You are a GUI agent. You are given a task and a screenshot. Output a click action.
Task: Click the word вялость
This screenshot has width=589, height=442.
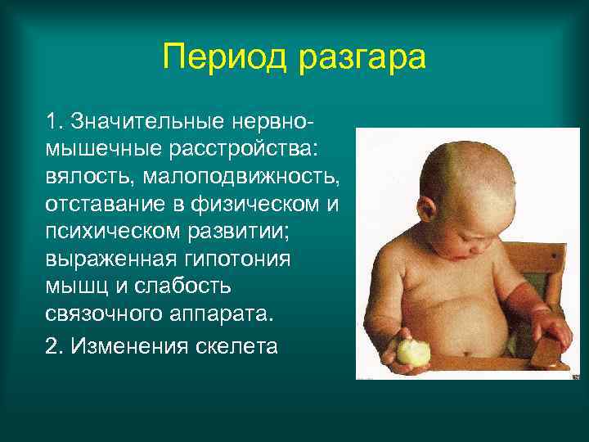tap(86, 178)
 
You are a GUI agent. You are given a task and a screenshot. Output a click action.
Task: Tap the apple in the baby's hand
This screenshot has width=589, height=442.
tap(412, 353)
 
